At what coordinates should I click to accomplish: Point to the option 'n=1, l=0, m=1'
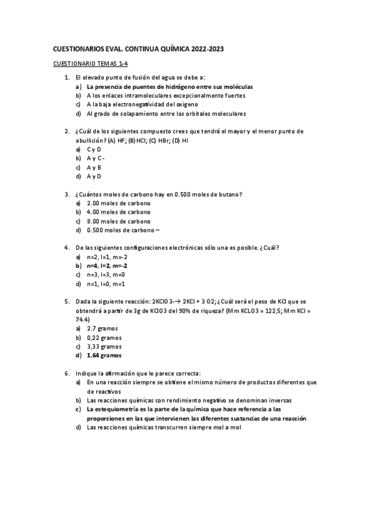[106, 284]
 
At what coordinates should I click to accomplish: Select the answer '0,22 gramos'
[104, 337]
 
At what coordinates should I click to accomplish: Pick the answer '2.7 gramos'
[102, 328]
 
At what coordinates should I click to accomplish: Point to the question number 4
[66, 247]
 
